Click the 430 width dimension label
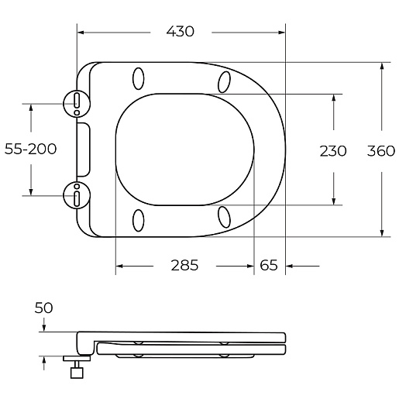click(x=180, y=32)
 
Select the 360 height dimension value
click(x=381, y=151)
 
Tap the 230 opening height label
click(x=333, y=151)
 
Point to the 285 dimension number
click(x=184, y=265)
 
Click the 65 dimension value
click(x=269, y=265)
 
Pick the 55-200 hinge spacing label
click(x=30, y=149)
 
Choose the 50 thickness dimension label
click(x=43, y=308)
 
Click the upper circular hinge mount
click(x=77, y=104)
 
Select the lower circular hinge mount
click(x=77, y=195)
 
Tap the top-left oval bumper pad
click(x=139, y=79)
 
